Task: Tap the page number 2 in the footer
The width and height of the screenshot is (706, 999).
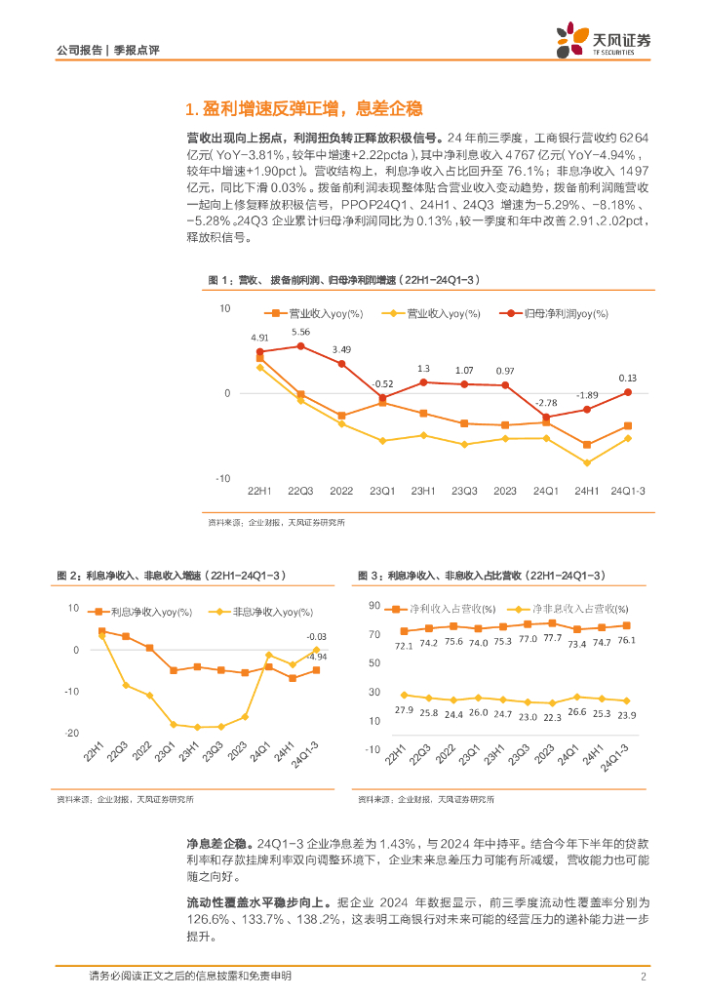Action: click(644, 977)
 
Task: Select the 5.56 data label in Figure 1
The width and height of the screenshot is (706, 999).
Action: click(300, 332)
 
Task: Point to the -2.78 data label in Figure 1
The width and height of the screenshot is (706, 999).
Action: click(546, 402)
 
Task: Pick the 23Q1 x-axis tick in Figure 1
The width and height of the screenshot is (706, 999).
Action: click(382, 490)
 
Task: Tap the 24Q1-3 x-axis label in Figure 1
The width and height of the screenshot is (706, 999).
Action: click(628, 490)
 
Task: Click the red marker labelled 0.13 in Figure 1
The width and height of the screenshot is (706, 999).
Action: click(628, 392)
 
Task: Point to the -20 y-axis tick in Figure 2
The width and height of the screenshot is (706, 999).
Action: click(71, 733)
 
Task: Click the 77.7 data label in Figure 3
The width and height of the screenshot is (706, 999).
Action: click(553, 638)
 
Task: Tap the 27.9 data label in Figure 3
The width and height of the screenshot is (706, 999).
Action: click(404, 709)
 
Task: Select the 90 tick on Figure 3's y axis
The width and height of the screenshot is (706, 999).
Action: click(373, 606)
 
